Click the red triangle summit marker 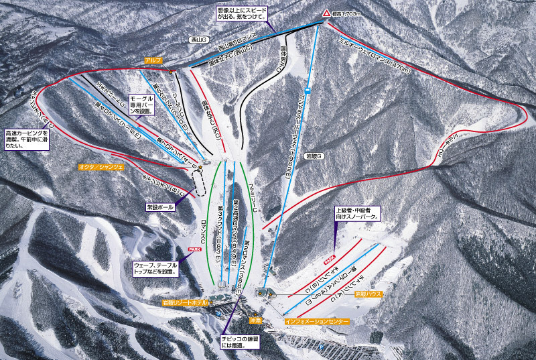click(x=326, y=13)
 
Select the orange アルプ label click(x=153, y=60)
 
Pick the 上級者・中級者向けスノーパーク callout click(x=358, y=213)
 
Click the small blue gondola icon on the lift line click(x=306, y=91)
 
